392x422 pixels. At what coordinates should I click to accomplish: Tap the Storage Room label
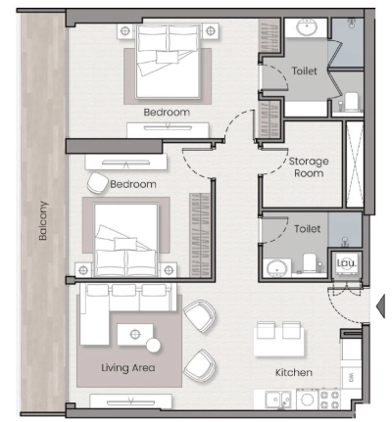308,166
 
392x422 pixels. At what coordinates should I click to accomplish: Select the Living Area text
127,368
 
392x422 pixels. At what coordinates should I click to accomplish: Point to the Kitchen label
293,373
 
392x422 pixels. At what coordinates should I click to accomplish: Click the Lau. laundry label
344,262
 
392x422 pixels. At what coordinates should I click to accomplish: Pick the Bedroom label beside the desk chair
133,184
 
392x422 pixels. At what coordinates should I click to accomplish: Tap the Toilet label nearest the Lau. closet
307,228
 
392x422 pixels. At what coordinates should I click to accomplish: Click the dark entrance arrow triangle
382,306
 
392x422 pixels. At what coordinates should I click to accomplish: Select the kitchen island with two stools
277,339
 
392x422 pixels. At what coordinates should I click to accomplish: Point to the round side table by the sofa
153,346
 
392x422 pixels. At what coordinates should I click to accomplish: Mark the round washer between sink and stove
306,399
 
